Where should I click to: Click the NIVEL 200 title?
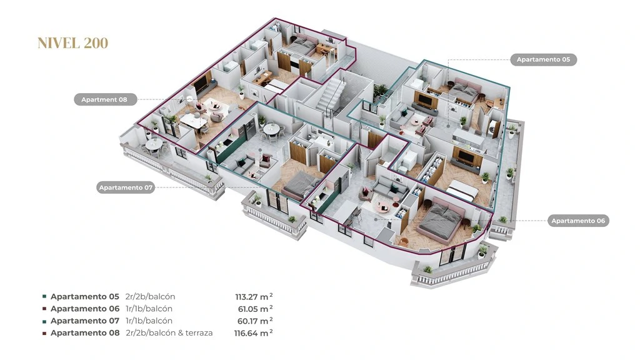pyautogui.click(x=72, y=43)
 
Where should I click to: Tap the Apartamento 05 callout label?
pyautogui.click(x=543, y=59)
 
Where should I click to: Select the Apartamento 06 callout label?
pyautogui.click(x=578, y=221)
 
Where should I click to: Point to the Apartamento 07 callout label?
pyautogui.click(x=126, y=187)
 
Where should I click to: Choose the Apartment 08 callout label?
pyautogui.click(x=104, y=99)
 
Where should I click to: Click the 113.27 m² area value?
pyautogui.click(x=254, y=297)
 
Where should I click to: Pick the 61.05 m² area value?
pyautogui.click(x=256, y=309)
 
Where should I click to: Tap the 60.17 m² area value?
pyautogui.click(x=255, y=321)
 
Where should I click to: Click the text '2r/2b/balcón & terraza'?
pyautogui.click(x=169, y=333)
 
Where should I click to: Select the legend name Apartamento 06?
pyautogui.click(x=85, y=309)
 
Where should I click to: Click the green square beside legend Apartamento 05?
pyautogui.click(x=44, y=297)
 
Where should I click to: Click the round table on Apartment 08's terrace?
pyautogui.click(x=154, y=144)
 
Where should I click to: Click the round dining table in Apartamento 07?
pyautogui.click(x=271, y=129)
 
